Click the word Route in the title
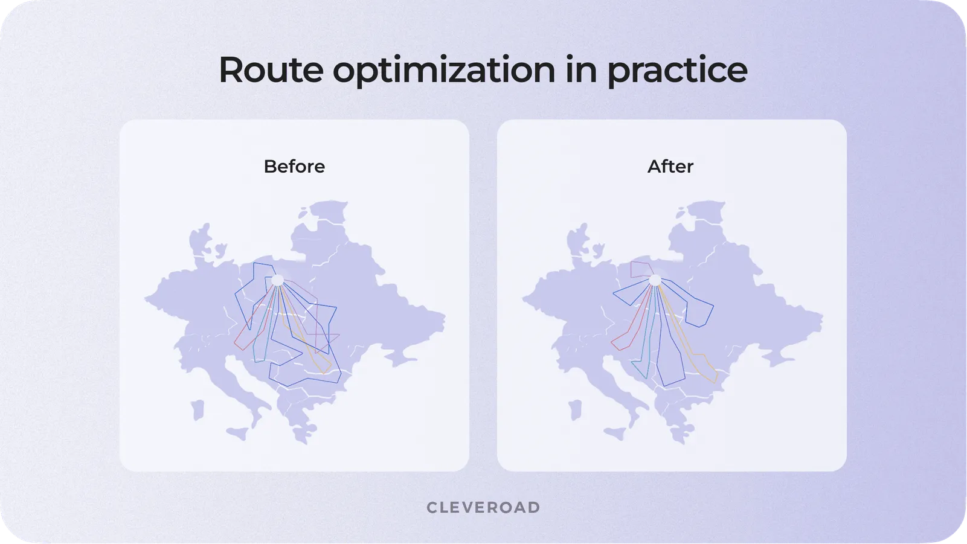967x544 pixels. point(270,70)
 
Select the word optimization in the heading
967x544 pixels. point(443,70)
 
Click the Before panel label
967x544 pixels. point(294,167)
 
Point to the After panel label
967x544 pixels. point(670,167)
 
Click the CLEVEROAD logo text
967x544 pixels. point(483,508)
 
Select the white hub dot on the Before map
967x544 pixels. point(277,280)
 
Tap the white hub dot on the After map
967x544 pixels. point(655,280)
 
